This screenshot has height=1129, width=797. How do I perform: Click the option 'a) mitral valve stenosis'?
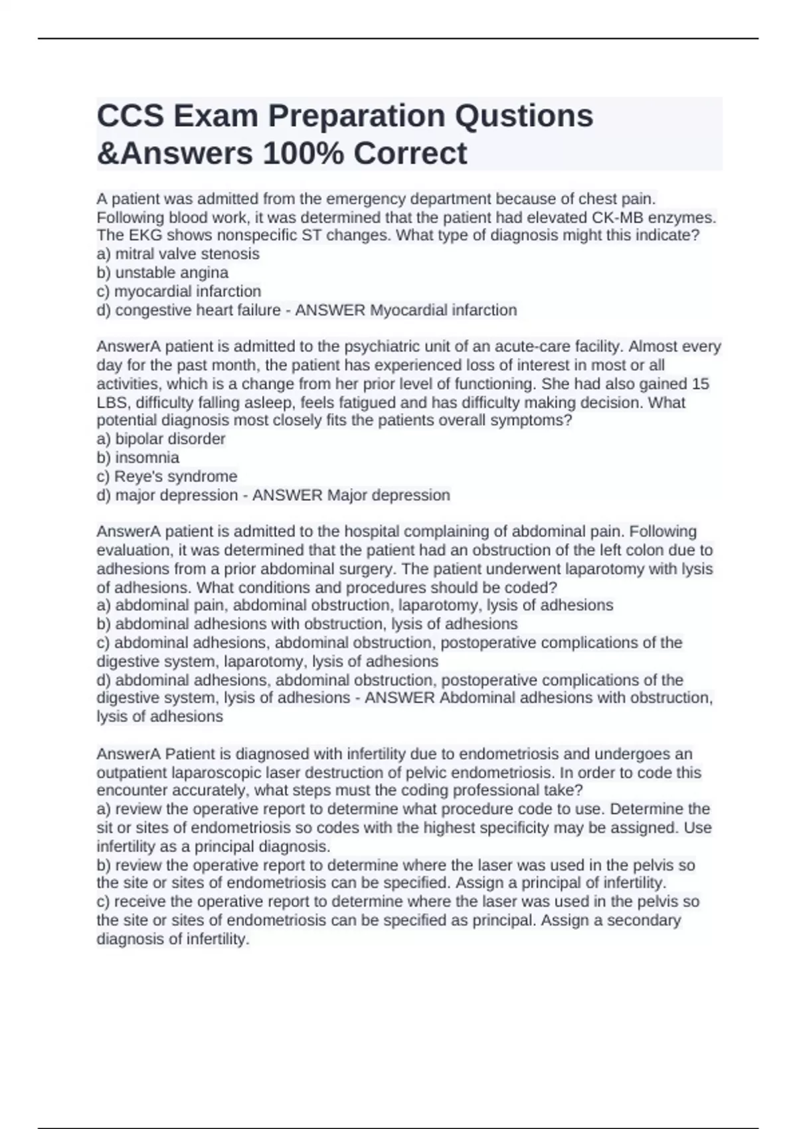pos(178,254)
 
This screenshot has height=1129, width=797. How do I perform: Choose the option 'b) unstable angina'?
pos(163,272)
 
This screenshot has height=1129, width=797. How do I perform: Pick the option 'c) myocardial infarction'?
pos(179,291)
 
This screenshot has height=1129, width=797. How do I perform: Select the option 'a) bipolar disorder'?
pos(161,439)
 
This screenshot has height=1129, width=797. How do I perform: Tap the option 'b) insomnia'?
pos(138,458)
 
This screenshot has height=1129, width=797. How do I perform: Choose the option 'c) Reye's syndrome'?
pos(167,476)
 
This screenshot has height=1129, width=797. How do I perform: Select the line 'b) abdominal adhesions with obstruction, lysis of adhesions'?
pos(307,624)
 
